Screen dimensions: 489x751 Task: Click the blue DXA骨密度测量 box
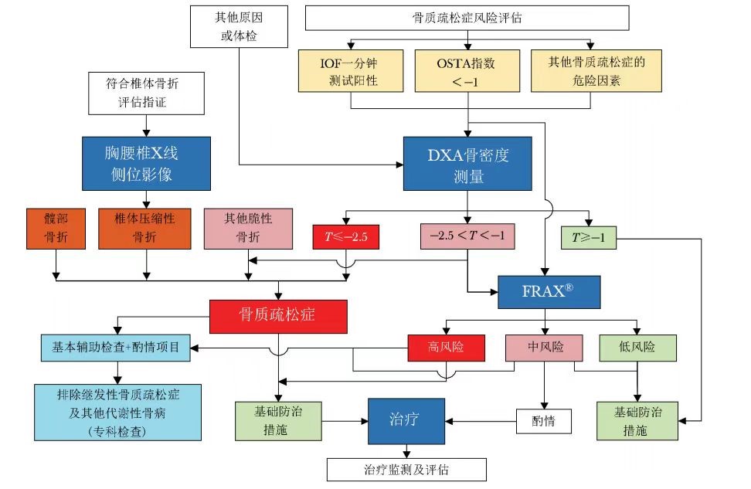[467, 164]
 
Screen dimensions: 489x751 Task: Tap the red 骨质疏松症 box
[279, 316]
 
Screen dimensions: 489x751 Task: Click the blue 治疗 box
[406, 421]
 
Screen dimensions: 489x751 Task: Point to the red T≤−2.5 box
[346, 236]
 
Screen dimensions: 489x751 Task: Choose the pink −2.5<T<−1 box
[466, 236]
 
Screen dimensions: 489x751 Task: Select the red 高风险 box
[446, 347]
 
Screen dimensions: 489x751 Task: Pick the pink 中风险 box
[545, 347]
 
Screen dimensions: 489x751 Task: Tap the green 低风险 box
[637, 347]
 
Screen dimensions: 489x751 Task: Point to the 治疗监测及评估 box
[406, 469]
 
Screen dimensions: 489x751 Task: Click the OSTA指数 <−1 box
[467, 71]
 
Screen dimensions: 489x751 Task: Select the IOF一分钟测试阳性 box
[351, 71]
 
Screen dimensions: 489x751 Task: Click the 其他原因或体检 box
[233, 25]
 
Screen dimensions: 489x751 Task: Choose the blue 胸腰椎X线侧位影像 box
[146, 164]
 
